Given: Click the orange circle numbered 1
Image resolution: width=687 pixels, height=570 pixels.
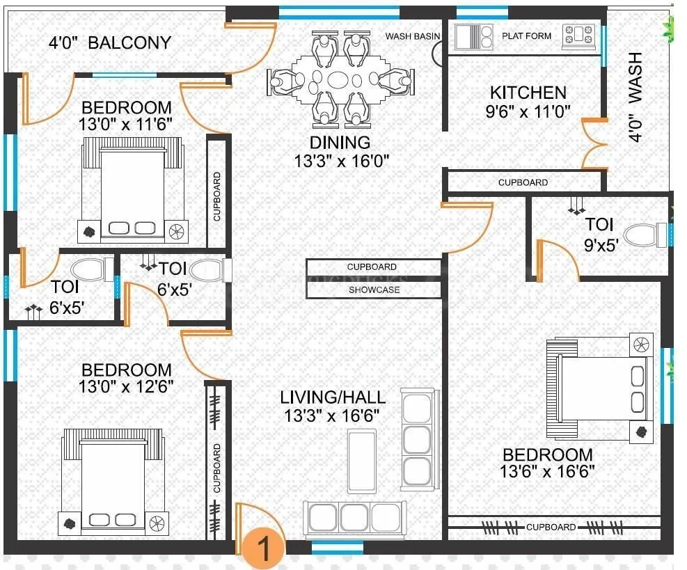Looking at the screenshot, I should click(263, 547).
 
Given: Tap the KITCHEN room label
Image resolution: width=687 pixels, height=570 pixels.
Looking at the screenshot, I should click(528, 93).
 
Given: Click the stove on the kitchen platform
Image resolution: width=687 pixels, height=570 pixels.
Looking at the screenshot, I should click(579, 35).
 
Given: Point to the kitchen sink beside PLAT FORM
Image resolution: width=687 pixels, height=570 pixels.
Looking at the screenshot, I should click(473, 35).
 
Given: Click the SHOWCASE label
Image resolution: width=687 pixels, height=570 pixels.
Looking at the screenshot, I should click(374, 290).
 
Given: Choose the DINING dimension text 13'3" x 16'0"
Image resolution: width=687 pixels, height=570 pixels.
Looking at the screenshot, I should click(340, 161).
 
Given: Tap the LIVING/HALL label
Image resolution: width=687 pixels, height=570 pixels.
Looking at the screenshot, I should click(333, 397).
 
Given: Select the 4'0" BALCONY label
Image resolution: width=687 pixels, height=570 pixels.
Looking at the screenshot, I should click(109, 42).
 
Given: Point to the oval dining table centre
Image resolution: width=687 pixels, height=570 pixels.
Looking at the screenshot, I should click(340, 79).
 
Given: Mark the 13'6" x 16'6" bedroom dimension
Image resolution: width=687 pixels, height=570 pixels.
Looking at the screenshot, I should click(546, 471).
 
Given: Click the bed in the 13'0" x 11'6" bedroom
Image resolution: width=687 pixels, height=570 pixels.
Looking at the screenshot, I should click(134, 188).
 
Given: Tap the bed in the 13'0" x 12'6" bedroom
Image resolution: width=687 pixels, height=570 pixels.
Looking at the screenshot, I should click(115, 480).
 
